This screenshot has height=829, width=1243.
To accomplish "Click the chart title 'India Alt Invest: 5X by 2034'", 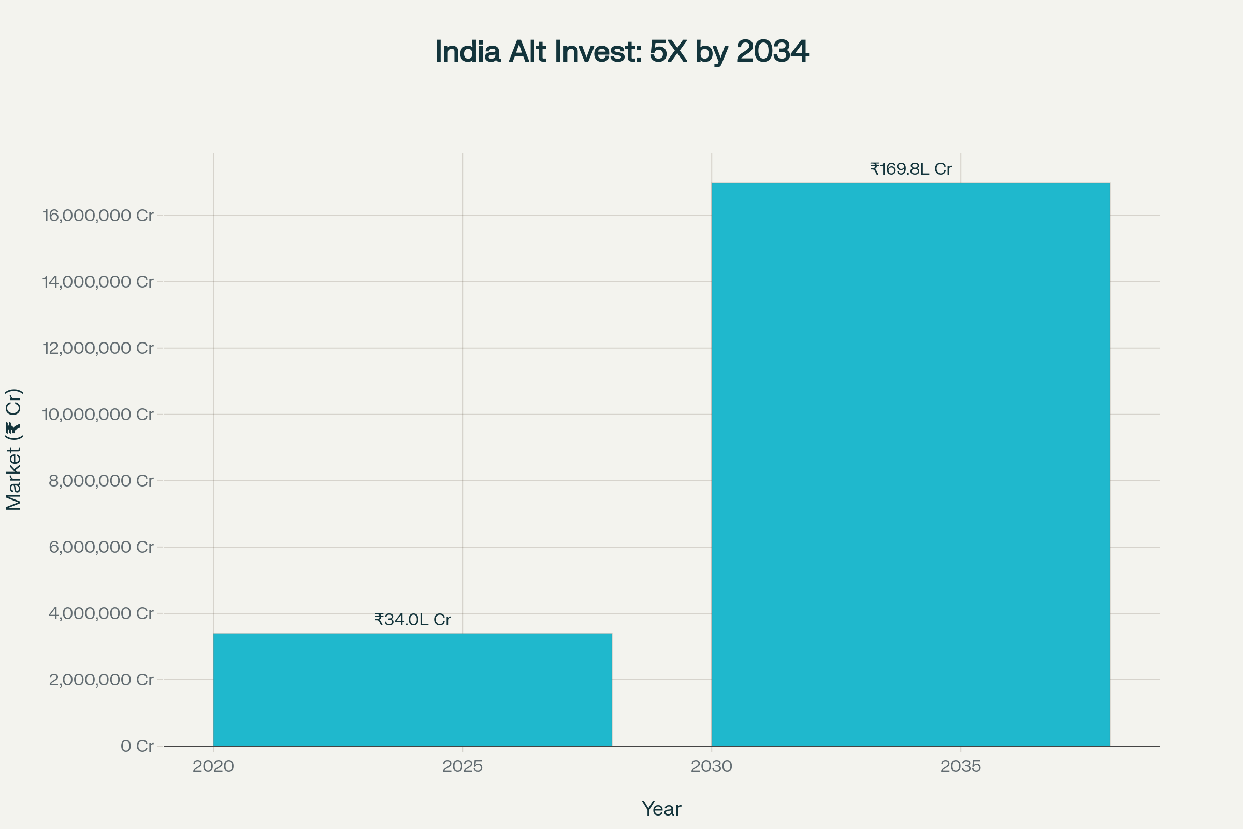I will tap(621, 52).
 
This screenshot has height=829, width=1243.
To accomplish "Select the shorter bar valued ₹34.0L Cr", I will tap(412, 690).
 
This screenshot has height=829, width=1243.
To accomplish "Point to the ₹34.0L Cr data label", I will tap(412, 620).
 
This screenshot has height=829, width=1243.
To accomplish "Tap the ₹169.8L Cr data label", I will tap(910, 169).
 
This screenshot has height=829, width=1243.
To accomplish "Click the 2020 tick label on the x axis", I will tap(213, 766).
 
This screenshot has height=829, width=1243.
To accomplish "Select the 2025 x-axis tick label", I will tap(462, 766).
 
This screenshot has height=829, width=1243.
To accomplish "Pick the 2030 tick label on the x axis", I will tap(711, 766).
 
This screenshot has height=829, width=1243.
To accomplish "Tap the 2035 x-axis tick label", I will tap(960, 766).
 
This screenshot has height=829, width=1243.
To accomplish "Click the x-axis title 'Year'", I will tap(661, 809).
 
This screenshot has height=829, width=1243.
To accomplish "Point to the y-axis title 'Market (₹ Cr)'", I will tap(14, 449).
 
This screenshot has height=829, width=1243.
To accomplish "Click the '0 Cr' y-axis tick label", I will tap(137, 746).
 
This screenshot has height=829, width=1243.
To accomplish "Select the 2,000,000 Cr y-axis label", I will tap(101, 679).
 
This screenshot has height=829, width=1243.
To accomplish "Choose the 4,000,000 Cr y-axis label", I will tap(101, 613).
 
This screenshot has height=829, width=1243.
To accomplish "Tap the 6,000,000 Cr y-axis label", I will tap(101, 547).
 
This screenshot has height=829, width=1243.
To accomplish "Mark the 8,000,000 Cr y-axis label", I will tap(101, 481).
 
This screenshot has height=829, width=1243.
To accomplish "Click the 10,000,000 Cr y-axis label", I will tap(98, 414).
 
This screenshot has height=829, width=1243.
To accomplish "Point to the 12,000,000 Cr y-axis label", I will tap(98, 348).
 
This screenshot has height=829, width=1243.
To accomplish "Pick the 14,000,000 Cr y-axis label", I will tap(98, 282).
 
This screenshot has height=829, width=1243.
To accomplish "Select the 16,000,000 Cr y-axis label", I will tap(98, 215).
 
